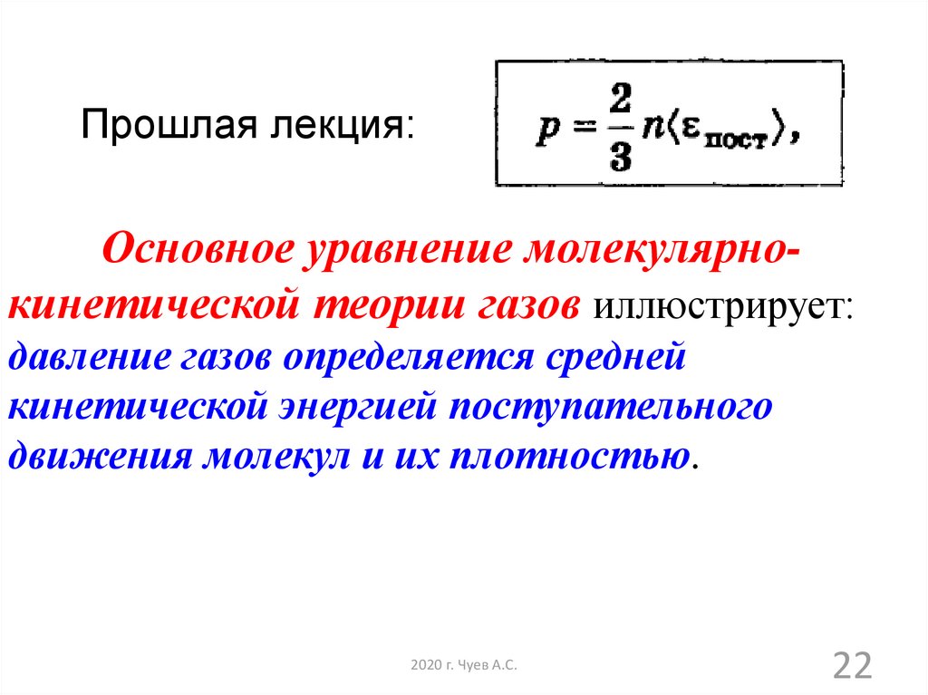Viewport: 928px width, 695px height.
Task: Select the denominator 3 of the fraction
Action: click(620, 156)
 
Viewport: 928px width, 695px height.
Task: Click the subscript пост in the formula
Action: click(736, 140)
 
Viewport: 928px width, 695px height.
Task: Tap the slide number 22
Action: click(853, 665)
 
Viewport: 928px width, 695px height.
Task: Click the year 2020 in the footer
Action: click(426, 665)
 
